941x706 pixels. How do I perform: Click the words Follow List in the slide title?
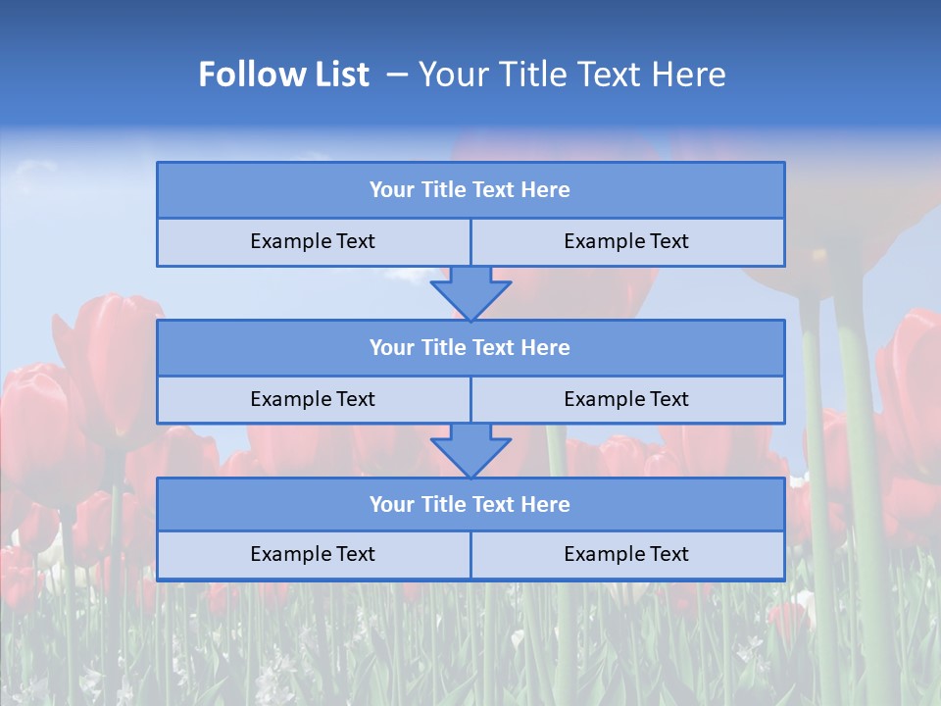(x=284, y=75)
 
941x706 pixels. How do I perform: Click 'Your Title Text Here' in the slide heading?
(x=572, y=75)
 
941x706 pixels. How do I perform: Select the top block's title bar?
(x=470, y=190)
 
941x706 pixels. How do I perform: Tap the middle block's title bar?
(x=470, y=348)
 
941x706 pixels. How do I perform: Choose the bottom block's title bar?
(x=470, y=505)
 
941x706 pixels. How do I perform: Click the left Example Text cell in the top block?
(x=314, y=242)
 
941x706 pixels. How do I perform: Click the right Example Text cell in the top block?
(x=627, y=242)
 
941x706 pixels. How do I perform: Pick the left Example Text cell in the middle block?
(x=314, y=400)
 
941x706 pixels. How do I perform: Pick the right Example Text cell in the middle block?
(x=627, y=400)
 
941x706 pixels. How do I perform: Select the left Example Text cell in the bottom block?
(x=314, y=555)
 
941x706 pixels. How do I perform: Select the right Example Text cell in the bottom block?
(x=627, y=555)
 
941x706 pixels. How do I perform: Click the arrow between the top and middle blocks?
(x=470, y=292)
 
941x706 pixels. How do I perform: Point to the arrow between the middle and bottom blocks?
(x=470, y=450)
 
